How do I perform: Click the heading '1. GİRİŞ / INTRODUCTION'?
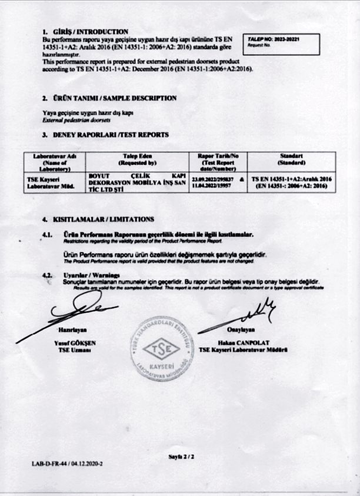click(85, 31)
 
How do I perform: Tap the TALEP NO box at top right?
click(283, 42)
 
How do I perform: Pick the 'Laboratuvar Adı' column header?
click(52, 162)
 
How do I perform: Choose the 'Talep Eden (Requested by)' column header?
click(136, 159)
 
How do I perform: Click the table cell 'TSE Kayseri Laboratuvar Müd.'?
click(52, 182)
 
